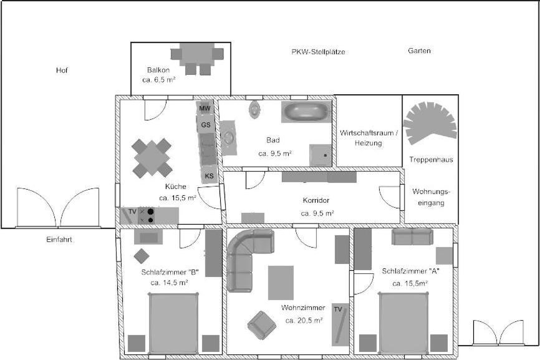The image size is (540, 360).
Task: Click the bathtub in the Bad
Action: tap(306, 112)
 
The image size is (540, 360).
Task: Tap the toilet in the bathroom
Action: tap(254, 109)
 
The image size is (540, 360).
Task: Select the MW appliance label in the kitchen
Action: tap(205, 109)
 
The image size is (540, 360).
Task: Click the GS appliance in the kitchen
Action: tap(206, 125)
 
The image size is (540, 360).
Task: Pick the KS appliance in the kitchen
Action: tap(210, 176)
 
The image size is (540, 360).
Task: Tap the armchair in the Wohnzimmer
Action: tap(262, 325)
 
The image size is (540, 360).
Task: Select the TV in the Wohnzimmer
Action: tap(340, 324)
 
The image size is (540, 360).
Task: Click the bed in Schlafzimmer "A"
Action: tap(403, 323)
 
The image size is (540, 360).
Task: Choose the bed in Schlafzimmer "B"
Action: tap(173, 323)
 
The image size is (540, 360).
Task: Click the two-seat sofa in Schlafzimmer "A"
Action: tap(412, 237)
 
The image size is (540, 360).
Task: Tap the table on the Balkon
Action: tap(197, 54)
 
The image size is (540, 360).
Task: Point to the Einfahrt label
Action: tap(59, 240)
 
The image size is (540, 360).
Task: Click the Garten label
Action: tap(419, 51)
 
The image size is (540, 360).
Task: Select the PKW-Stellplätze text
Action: tap(318, 52)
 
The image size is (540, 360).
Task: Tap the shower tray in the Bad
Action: tap(321, 155)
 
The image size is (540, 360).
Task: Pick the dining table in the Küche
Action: tap(152, 158)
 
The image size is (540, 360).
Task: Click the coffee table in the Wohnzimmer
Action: tap(281, 283)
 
